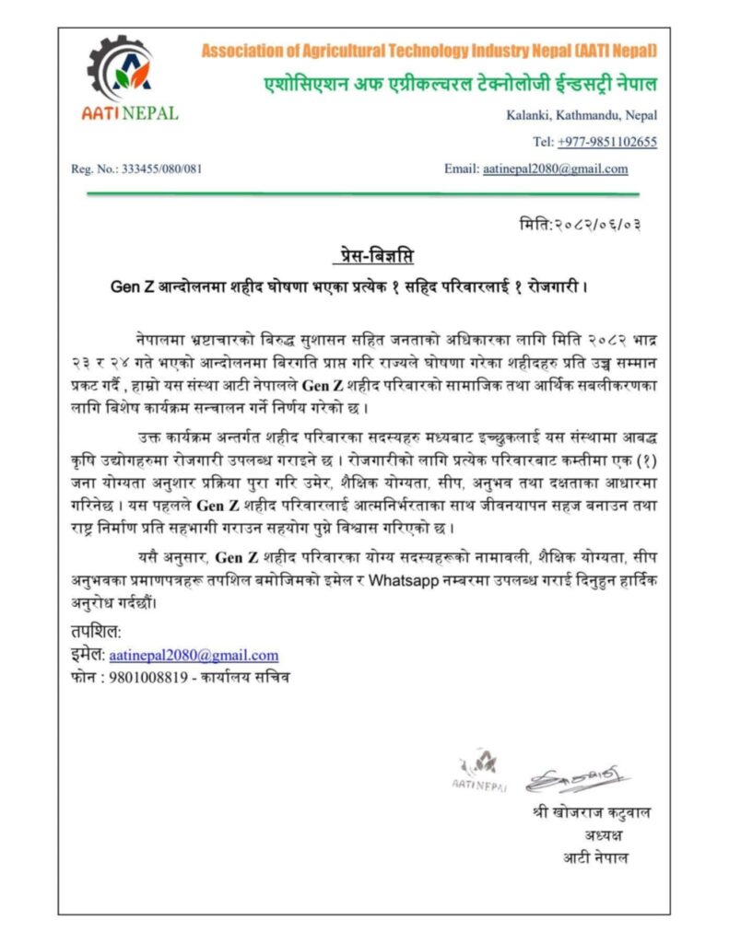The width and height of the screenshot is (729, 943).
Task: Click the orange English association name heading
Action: pos(429,51)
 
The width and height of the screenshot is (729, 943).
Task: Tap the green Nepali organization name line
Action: pos(457,85)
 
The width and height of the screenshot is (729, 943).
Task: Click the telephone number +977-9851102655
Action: pos(607,142)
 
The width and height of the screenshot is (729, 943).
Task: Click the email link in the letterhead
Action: pos(555,169)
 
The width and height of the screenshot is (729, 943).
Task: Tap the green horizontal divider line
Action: pos(362,194)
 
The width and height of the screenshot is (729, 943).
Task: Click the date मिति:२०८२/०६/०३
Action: pos(580,225)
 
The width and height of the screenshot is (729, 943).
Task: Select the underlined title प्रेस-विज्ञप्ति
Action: pos(366,255)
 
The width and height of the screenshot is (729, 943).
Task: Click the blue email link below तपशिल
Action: pos(194,655)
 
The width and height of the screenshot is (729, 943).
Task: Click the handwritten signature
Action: pos(576,778)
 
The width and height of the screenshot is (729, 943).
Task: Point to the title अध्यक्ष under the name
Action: pos(603,836)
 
